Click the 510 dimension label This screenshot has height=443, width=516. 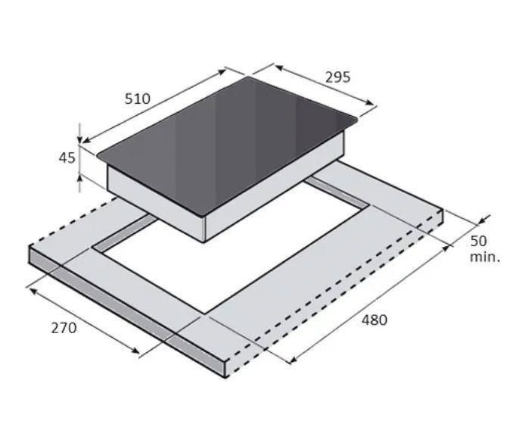tap(137, 98)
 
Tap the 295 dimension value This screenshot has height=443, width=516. tap(338, 77)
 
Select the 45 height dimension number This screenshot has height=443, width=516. tap(67, 158)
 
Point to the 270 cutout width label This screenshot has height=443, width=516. tap(64, 328)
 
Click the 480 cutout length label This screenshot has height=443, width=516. tap(375, 320)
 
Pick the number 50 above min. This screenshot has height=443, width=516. tap(478, 241)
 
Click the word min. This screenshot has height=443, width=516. tap(485, 257)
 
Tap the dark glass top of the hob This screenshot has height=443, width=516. tap(227, 145)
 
